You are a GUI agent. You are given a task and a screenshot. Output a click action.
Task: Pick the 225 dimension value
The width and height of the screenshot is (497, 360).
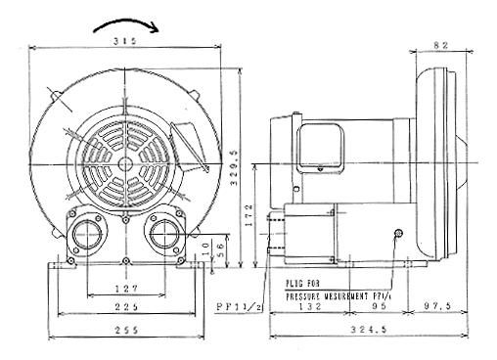click(124, 307)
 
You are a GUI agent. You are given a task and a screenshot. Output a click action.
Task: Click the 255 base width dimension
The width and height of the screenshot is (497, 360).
click(124, 330)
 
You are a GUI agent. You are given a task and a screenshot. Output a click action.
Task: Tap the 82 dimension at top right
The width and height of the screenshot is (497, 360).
click(440, 45)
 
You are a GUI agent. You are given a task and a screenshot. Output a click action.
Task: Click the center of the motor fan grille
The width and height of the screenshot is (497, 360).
click(125, 156)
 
